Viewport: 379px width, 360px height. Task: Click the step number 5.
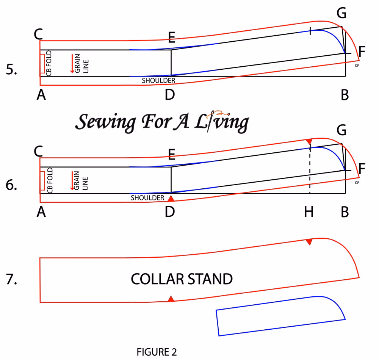[x=12, y=70]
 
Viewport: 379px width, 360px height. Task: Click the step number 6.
[x=12, y=186]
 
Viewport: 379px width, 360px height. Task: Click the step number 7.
[x=12, y=279]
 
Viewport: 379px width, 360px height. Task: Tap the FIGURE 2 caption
[x=157, y=352]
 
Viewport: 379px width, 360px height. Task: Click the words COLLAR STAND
[x=182, y=279]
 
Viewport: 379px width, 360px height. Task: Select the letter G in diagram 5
[x=341, y=14]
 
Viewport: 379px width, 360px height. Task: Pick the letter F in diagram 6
[x=362, y=169]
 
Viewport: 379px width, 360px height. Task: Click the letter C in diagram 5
[x=38, y=34]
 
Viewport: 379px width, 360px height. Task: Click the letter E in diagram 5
[x=172, y=37]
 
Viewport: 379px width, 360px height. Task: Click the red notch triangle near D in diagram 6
[x=171, y=199]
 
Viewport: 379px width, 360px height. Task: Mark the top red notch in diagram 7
[x=309, y=242]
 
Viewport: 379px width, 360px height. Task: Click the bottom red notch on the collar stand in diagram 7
[x=171, y=299]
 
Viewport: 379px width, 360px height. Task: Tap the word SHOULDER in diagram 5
[x=158, y=81]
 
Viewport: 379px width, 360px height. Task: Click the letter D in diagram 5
[x=170, y=95]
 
